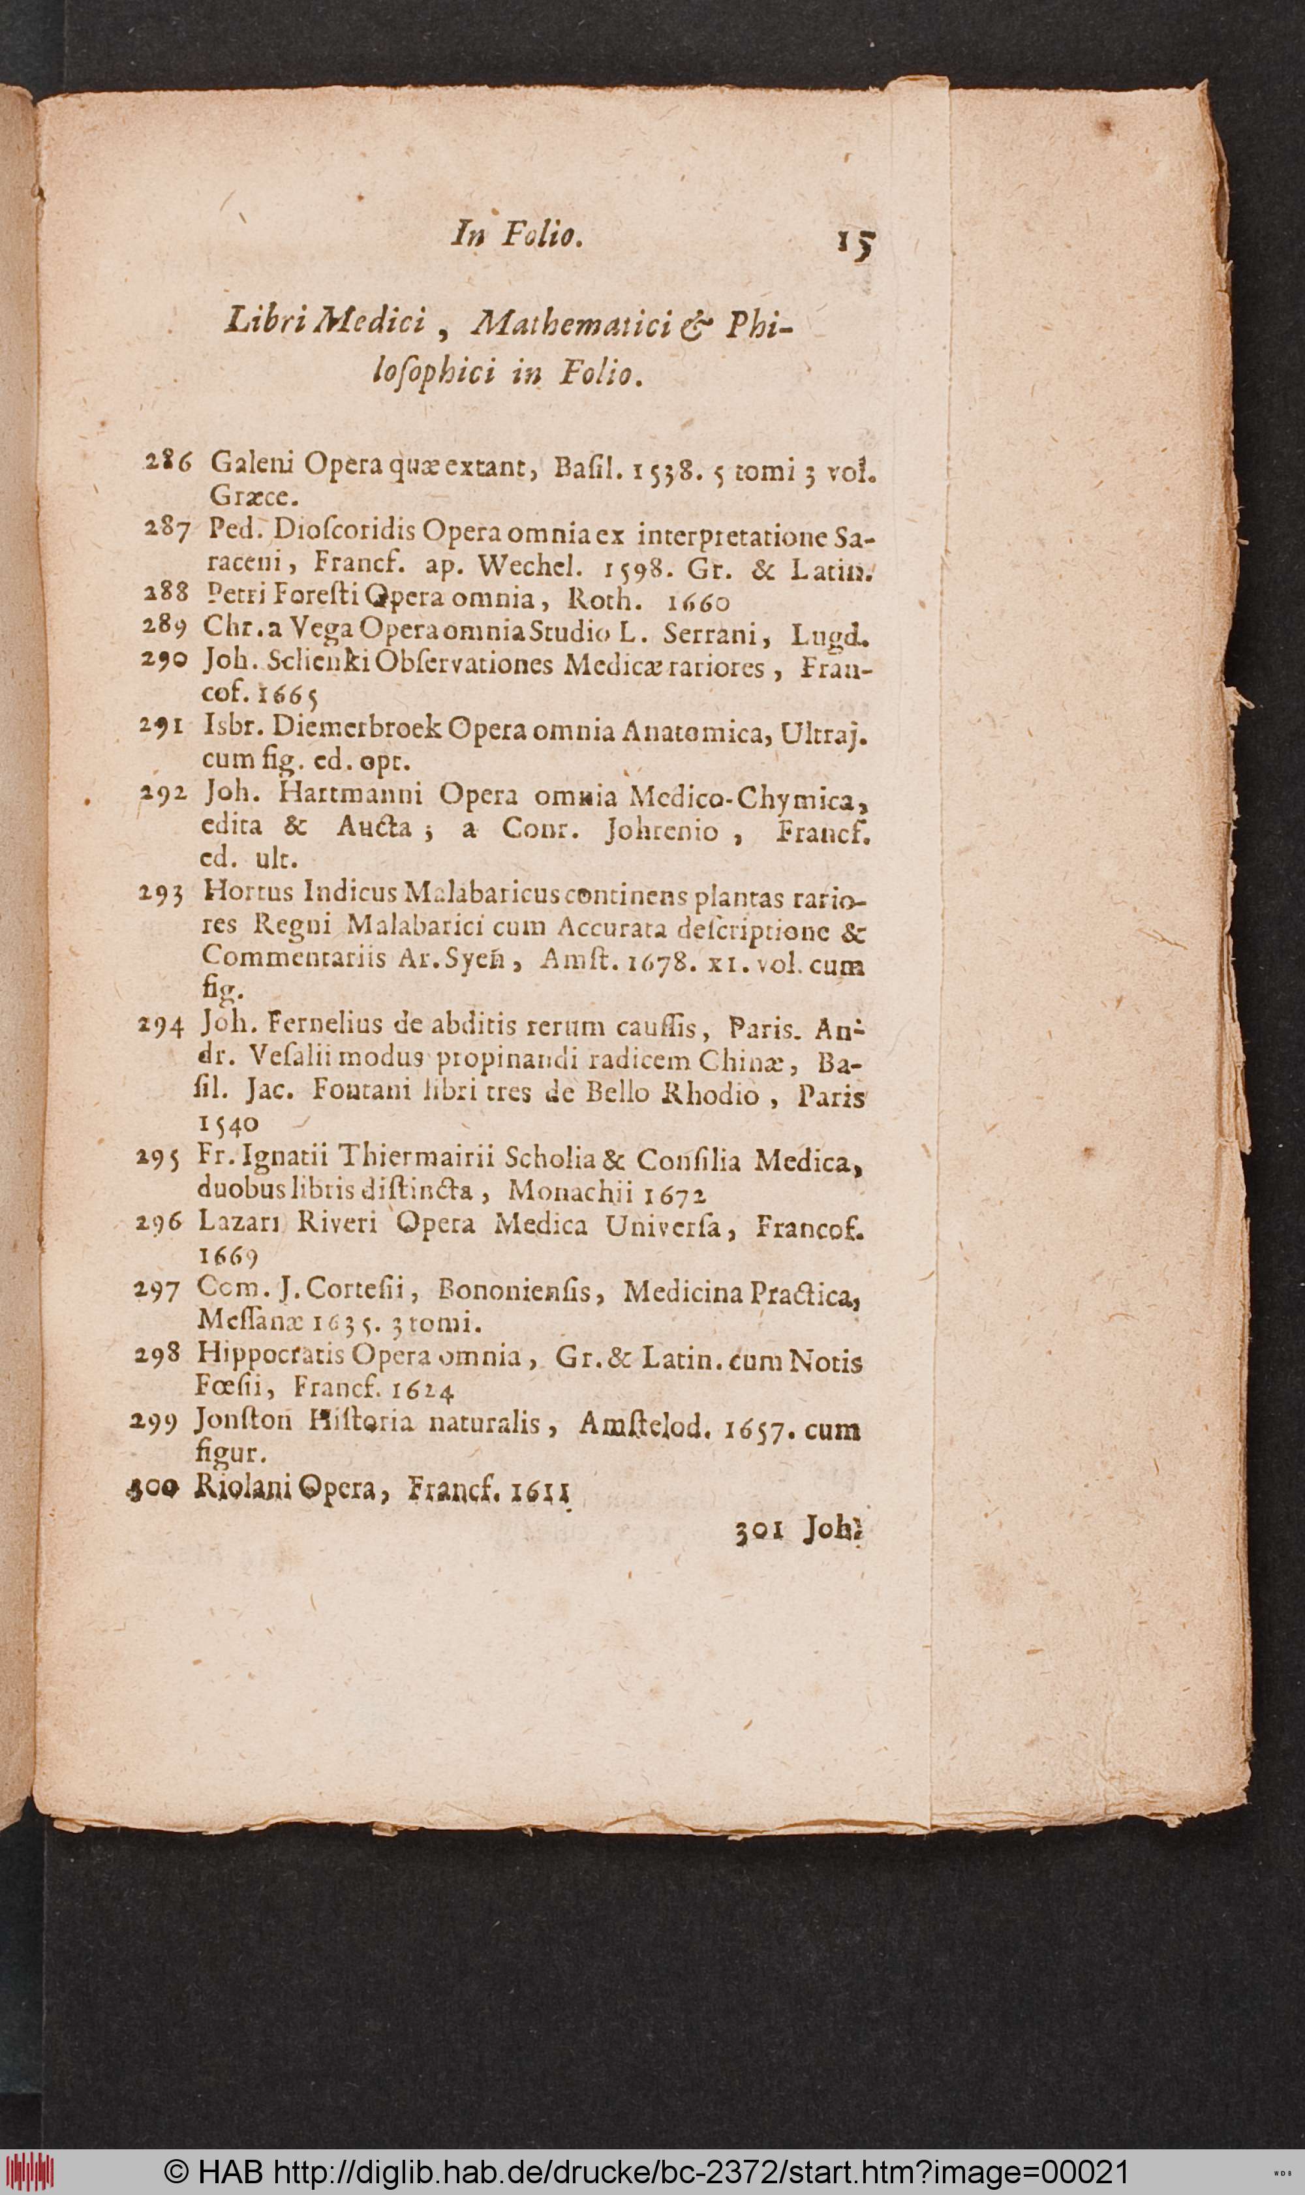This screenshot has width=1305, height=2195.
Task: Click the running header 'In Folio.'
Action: [516, 235]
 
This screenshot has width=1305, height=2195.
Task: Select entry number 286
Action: [168, 463]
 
